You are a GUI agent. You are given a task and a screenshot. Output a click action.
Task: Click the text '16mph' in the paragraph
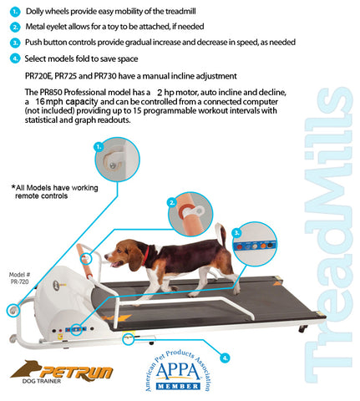click(53, 100)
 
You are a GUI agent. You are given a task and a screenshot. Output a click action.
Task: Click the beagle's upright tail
click(218, 236)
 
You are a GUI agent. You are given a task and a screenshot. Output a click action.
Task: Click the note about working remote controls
click(49, 190)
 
